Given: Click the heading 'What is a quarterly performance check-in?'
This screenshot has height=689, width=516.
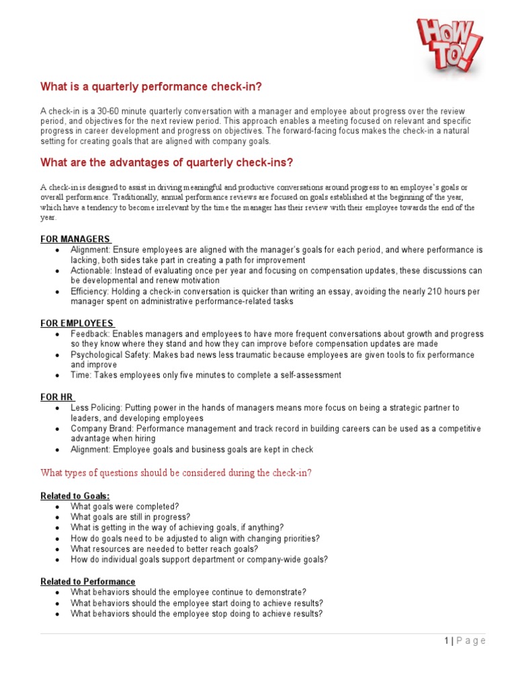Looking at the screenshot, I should point(151,87).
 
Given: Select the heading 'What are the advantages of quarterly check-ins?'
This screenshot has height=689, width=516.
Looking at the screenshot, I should point(167,163).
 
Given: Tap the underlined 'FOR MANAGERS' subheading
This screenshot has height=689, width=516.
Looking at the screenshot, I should point(75,239).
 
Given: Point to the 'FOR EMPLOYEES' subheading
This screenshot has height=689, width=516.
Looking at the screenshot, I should point(77,324).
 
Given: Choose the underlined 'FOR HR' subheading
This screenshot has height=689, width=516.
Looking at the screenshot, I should point(56,398).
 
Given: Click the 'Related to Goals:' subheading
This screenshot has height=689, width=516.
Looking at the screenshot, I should point(75,496).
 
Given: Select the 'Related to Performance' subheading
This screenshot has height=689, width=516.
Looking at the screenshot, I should point(87,581).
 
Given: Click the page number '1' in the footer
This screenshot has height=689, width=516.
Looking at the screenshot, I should point(447,641).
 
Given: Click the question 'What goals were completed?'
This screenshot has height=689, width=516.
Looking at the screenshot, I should point(125,507).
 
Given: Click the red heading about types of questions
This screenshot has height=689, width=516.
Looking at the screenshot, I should point(176,473).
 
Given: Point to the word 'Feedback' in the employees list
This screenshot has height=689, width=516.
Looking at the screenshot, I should point(90,334).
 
